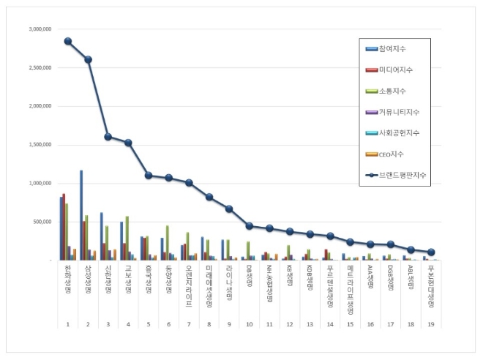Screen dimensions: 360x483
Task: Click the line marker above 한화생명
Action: click(x=68, y=41)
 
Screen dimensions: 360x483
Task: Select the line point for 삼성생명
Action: click(x=88, y=59)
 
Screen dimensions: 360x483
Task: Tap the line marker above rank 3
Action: click(x=108, y=136)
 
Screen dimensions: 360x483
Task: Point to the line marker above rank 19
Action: click(x=431, y=252)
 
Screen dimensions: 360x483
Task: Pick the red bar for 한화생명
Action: click(x=64, y=227)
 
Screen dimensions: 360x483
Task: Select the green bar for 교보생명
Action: click(x=127, y=238)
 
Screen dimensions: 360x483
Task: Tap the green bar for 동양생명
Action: click(x=168, y=242)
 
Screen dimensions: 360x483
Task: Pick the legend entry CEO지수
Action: click(x=391, y=154)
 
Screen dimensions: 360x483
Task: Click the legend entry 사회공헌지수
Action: click(x=399, y=133)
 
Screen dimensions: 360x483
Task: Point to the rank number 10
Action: click(x=250, y=323)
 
